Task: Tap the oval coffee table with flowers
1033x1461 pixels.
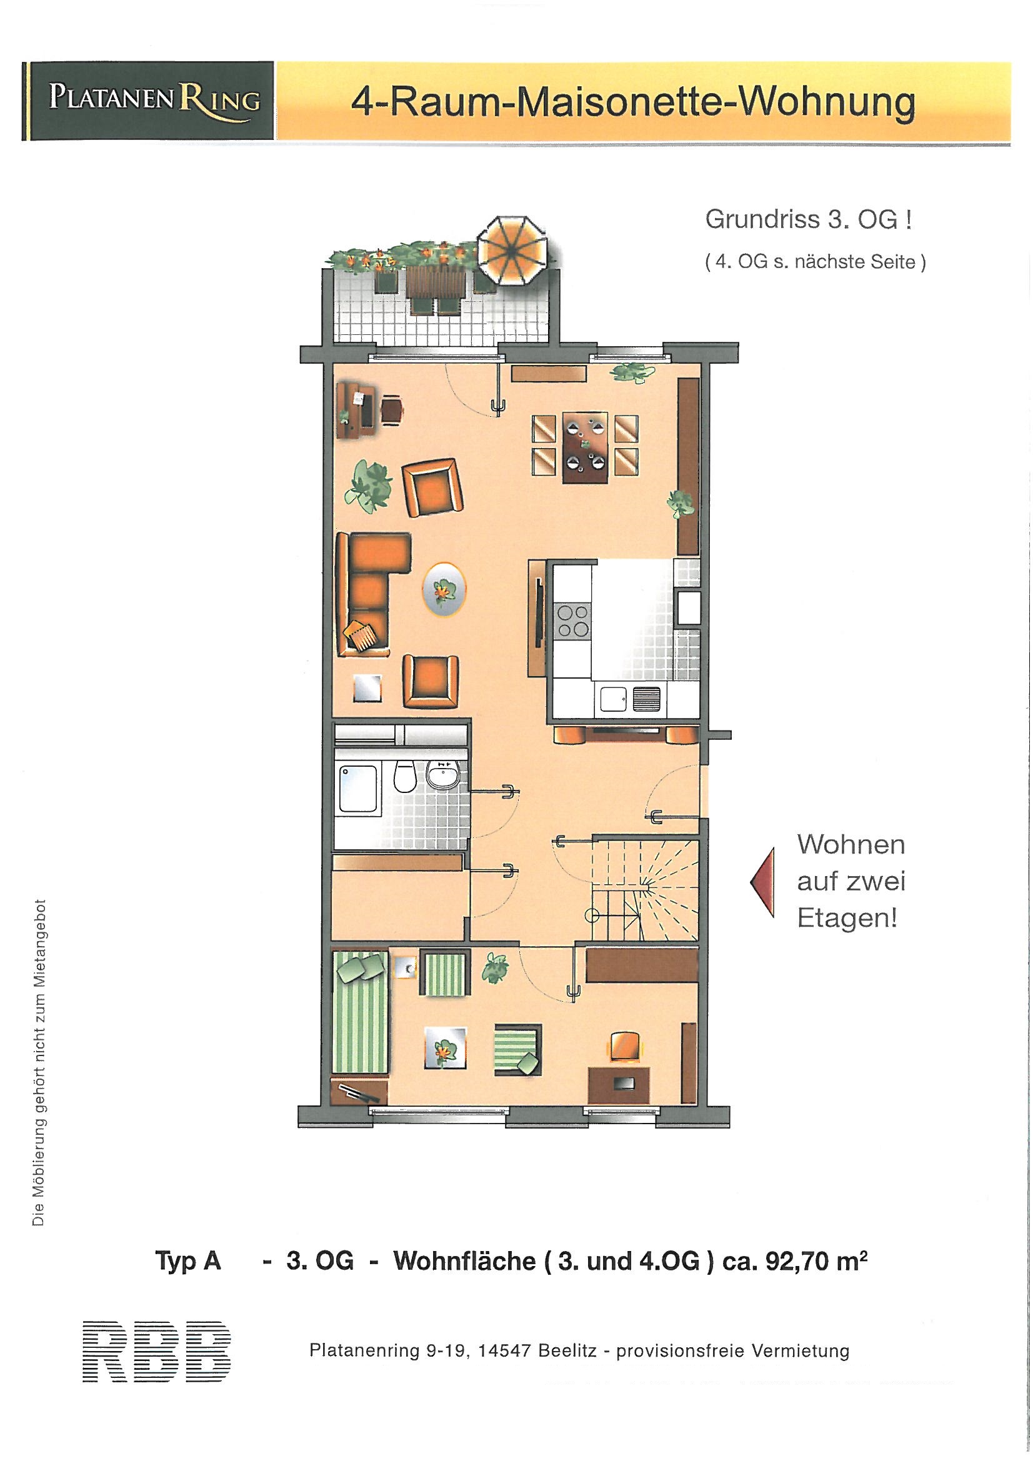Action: [443, 589]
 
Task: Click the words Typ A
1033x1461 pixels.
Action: [188, 1262]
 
